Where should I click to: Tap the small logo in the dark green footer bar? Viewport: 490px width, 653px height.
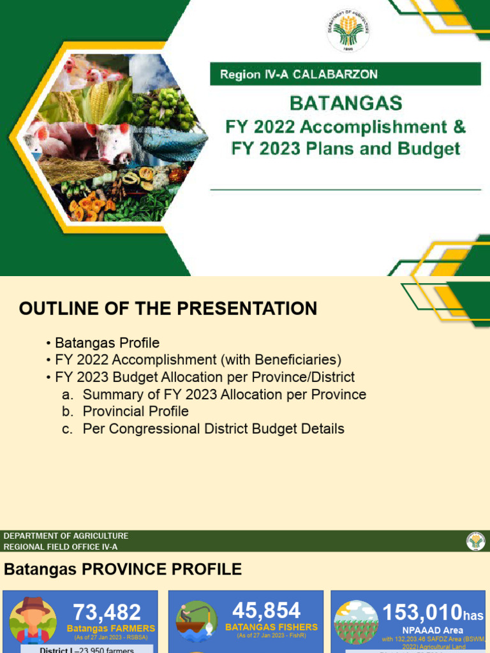pos(475,541)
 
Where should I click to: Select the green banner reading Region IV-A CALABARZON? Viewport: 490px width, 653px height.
pos(345,74)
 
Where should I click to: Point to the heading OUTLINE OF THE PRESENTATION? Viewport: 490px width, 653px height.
pos(168,309)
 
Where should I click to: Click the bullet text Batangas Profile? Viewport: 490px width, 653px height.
pos(107,343)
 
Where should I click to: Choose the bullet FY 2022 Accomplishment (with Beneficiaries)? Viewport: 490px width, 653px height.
pos(198,360)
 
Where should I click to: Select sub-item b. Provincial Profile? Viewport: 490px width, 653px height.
pos(135,411)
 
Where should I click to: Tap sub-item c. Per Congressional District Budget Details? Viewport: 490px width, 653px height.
pos(213,429)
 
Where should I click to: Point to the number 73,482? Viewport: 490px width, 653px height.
pos(107,613)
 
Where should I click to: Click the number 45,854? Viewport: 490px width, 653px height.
pos(267,610)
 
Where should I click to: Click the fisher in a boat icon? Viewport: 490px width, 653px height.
pos(196,621)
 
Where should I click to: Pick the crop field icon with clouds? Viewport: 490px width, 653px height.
pos(357,621)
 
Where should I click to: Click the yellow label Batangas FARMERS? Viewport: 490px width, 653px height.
pos(111,628)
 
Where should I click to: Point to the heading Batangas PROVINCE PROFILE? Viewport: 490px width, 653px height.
pos(123,569)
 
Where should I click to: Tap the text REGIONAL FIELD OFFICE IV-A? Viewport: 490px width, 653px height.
pos(61,547)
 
